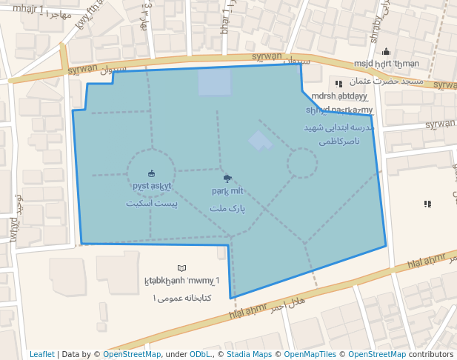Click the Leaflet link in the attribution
42,354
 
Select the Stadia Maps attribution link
253,354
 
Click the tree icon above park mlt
227,179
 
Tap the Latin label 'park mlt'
227,191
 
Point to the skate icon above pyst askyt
152,174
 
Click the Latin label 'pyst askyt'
152,186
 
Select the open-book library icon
182,267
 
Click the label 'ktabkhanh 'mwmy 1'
182,281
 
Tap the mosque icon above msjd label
386,52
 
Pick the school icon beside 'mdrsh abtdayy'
338,84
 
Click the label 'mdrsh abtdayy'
340,96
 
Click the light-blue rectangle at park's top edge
215,81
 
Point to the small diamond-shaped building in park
259,140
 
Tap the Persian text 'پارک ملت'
227,209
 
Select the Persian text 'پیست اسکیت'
152,203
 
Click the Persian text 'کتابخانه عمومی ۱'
182,298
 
